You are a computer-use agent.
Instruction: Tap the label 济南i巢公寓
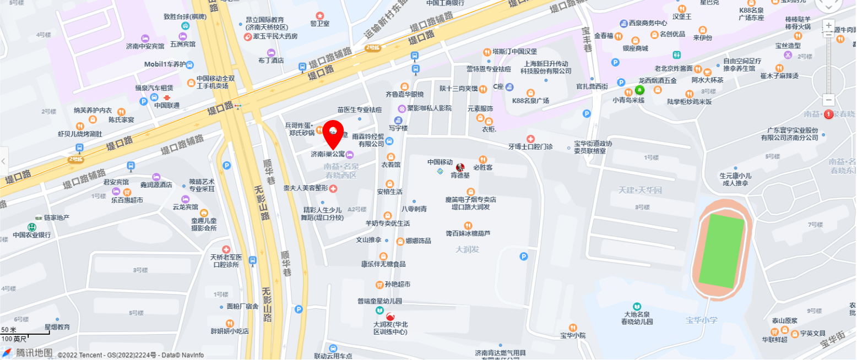tap(328, 154)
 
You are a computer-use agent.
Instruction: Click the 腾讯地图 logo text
tap(34, 353)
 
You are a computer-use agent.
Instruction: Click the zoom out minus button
tap(828, 100)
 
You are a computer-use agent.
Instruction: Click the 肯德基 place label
tap(460, 176)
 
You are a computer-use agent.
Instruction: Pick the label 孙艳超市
tap(398, 285)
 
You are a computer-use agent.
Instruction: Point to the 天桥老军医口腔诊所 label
tap(226, 260)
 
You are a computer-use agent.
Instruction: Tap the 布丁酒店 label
tap(272, 61)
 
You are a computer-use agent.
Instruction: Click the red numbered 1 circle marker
tap(828, 114)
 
